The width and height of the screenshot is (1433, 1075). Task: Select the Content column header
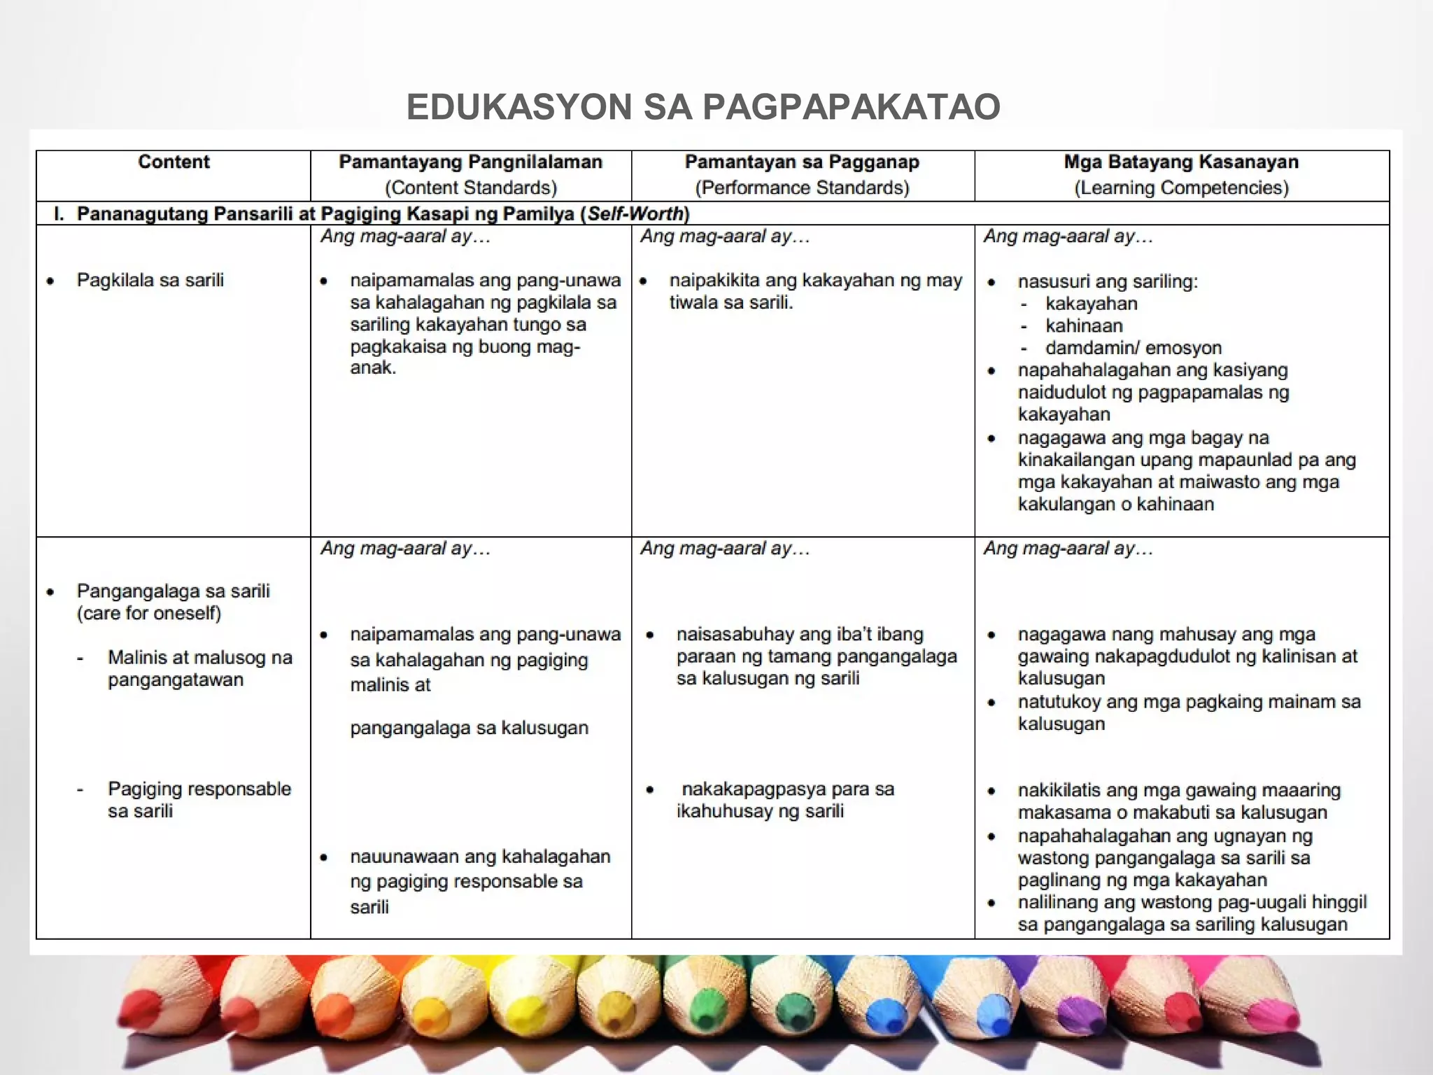click(174, 162)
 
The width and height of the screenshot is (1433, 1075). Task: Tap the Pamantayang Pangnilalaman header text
click(470, 162)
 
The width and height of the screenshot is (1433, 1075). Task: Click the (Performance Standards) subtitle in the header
click(802, 188)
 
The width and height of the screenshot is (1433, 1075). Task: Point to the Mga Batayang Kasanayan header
click(1180, 162)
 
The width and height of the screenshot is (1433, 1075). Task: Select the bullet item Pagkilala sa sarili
click(150, 280)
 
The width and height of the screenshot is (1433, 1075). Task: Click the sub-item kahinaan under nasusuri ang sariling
click(1084, 325)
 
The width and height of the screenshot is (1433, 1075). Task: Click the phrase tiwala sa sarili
click(730, 302)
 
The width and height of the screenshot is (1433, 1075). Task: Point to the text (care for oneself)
click(148, 613)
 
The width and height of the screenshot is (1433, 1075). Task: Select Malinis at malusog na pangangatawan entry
click(199, 668)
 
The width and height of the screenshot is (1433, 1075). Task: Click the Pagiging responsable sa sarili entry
click(199, 800)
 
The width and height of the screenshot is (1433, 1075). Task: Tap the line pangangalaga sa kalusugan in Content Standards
click(469, 728)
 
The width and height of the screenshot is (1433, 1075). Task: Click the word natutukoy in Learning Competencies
click(1061, 702)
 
